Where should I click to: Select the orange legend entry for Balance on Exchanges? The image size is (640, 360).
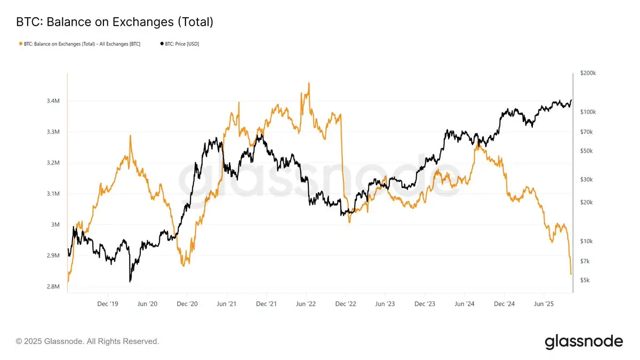point(80,44)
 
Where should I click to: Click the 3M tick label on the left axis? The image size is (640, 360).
point(55,225)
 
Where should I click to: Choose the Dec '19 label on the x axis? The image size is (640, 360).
point(108,304)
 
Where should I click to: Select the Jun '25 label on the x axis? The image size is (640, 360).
point(543,304)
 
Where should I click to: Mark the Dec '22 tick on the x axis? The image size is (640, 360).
point(346,304)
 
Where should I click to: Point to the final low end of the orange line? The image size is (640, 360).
point(571,274)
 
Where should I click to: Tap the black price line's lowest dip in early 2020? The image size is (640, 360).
point(130,281)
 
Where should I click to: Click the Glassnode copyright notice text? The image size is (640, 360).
point(87,341)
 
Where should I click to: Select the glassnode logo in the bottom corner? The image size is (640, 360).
point(583,341)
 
